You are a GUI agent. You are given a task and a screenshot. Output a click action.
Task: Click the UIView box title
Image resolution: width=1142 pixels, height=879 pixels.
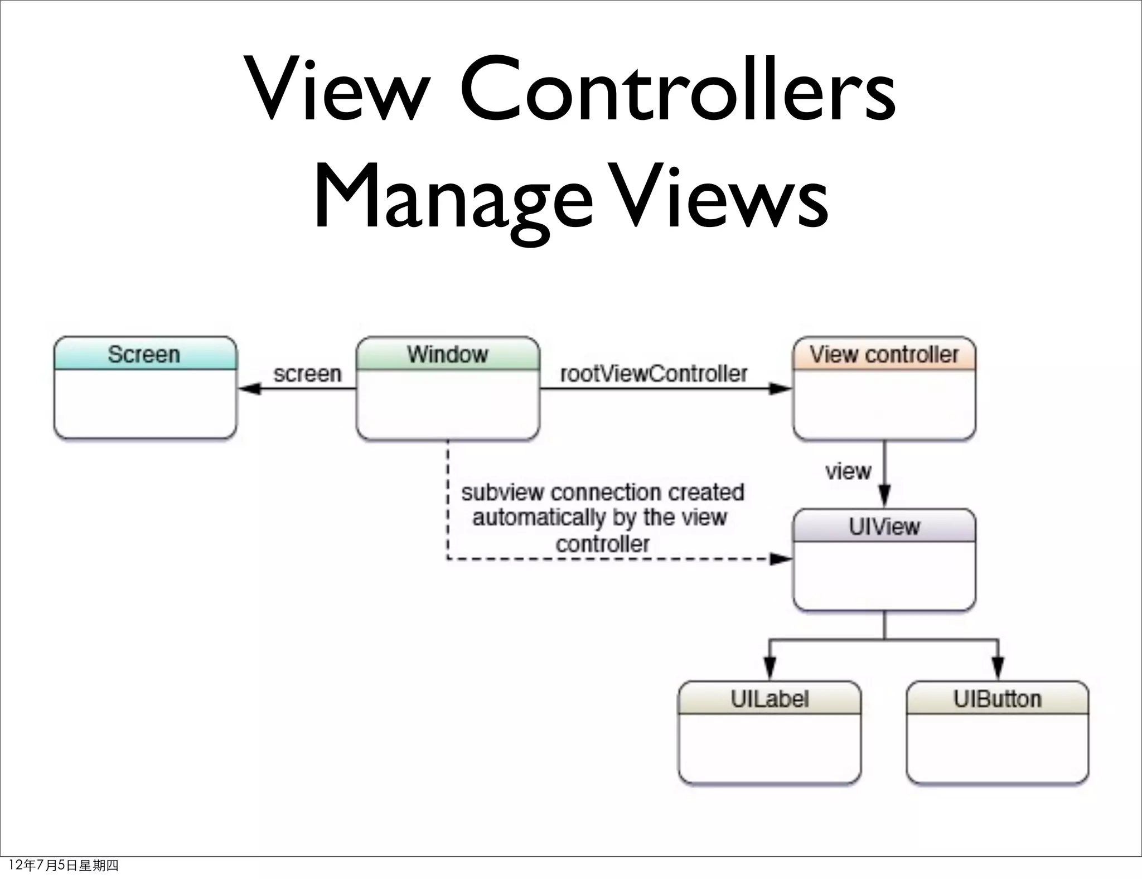884,527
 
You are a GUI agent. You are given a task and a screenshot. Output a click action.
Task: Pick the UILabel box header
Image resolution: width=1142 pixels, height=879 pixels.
770,699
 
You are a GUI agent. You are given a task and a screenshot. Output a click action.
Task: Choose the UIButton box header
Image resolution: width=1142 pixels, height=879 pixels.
997,699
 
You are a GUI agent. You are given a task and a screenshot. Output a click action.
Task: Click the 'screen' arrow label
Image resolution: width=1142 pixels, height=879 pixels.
307,374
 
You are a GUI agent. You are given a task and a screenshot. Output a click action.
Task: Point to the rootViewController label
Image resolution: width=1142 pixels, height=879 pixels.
654,374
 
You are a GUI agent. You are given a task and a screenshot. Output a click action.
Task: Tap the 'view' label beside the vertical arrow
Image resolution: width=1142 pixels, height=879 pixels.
848,472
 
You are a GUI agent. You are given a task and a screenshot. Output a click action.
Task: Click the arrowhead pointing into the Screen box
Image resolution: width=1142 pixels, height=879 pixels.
249,389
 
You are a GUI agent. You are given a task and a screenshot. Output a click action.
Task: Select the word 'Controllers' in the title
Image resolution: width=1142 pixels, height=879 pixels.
678,89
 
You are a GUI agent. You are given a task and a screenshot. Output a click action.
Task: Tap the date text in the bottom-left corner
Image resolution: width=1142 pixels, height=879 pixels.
64,866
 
